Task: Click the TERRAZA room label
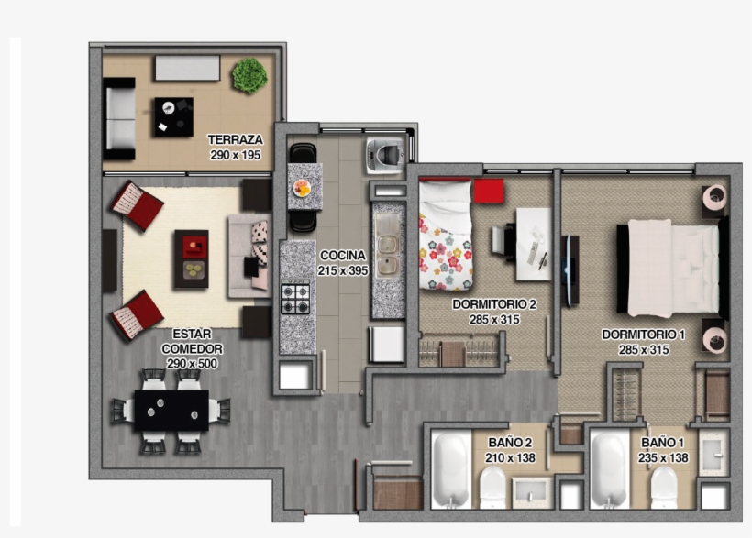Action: (x=235, y=140)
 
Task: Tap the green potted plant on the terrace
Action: (x=249, y=75)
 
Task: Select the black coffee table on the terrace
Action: (x=173, y=116)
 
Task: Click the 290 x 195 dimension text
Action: (x=235, y=155)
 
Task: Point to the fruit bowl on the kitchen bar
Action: (x=302, y=187)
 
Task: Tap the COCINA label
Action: (x=343, y=256)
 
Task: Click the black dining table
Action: (x=171, y=410)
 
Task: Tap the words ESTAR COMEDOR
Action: (x=191, y=342)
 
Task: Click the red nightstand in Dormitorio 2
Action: (x=489, y=191)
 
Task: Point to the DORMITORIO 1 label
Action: (x=643, y=335)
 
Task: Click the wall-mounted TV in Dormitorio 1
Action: (x=570, y=270)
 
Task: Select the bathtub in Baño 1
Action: (x=609, y=468)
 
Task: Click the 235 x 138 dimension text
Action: (x=665, y=457)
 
